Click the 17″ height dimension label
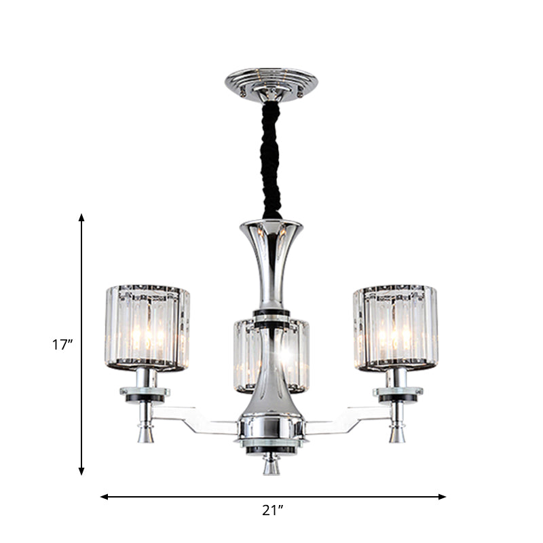(62, 345)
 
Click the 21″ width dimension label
(273, 511)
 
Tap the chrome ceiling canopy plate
(271, 83)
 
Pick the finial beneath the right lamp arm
(396, 432)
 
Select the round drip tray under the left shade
(146, 393)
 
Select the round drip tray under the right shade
(397, 393)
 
